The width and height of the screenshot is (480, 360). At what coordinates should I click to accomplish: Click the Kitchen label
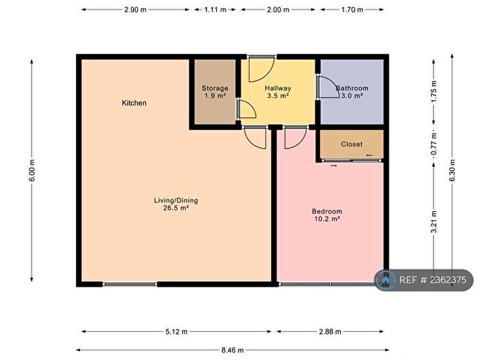click(134, 103)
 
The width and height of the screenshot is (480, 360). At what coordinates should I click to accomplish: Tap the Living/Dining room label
click(176, 200)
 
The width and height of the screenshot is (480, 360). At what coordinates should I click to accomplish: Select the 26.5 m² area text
click(176, 208)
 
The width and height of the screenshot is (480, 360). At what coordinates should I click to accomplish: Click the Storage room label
click(215, 88)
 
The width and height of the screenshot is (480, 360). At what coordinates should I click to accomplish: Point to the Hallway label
click(278, 88)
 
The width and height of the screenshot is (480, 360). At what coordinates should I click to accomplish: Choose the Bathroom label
click(352, 88)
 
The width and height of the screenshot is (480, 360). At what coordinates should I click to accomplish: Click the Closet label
click(352, 144)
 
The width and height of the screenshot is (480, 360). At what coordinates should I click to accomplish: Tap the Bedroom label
click(326, 211)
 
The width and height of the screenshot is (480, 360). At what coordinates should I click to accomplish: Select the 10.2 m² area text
click(326, 219)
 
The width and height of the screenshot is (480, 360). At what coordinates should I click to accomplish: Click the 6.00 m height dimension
click(32, 171)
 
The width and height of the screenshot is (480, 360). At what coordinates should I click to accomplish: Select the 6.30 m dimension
click(451, 171)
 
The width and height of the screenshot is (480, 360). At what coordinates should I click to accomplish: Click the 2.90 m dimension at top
click(134, 10)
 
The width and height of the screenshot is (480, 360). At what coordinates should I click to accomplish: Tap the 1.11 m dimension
click(215, 10)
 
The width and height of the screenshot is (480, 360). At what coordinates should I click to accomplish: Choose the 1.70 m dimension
click(352, 10)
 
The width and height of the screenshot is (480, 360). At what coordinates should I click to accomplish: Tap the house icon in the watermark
click(385, 280)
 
